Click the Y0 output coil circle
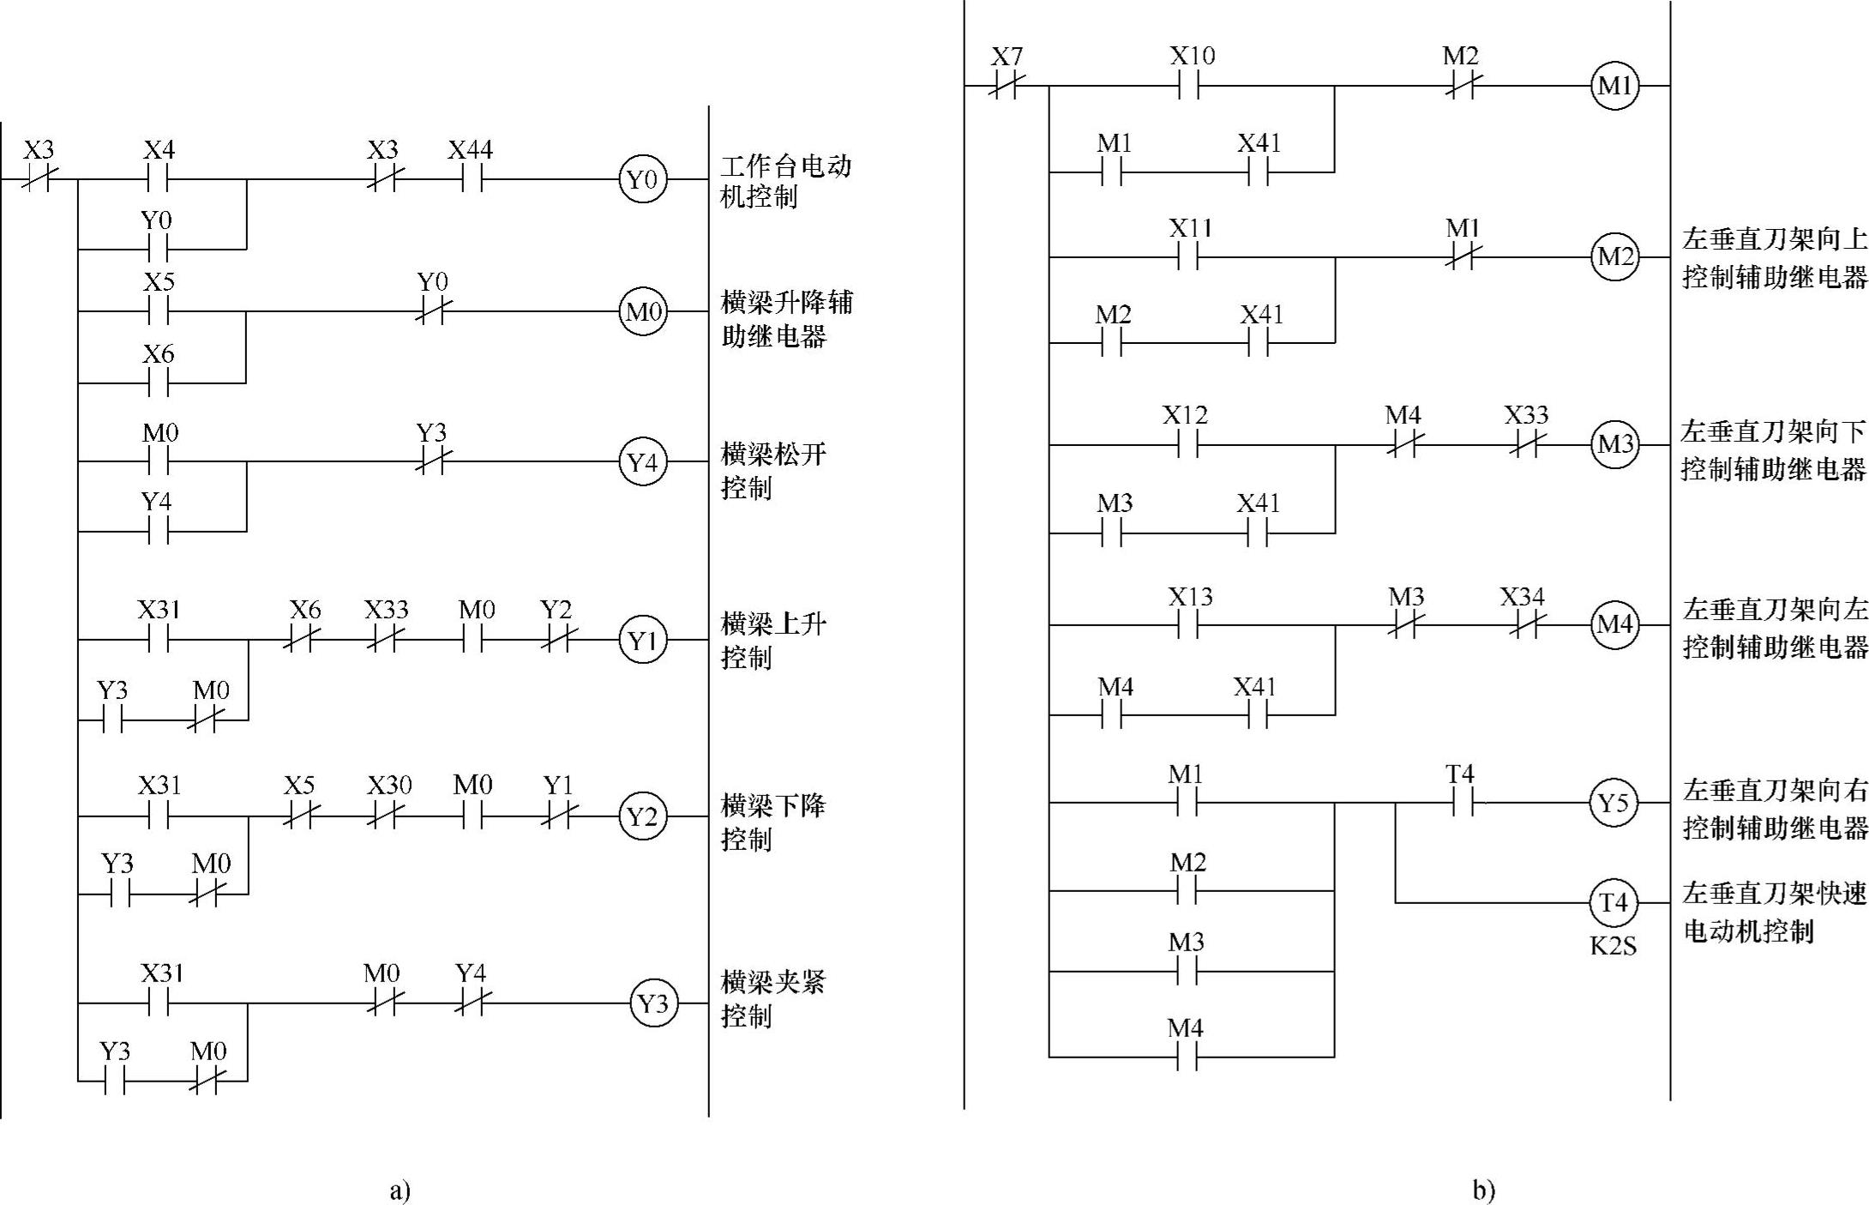[x=642, y=179]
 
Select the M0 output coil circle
[x=643, y=311]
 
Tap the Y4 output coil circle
[x=642, y=462]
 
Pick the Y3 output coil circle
[x=653, y=1003]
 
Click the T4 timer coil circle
[x=1614, y=902]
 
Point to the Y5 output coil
[x=1614, y=803]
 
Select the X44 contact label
[x=470, y=151]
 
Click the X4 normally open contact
[x=159, y=179]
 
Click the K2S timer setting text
[x=1613, y=946]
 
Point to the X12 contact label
[x=1185, y=416]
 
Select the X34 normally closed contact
[x=1523, y=625]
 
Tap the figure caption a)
[x=400, y=1190]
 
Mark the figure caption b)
[x=1484, y=1190]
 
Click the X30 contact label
[x=389, y=786]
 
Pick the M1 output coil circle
[x=1614, y=86]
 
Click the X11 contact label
[x=1190, y=229]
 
